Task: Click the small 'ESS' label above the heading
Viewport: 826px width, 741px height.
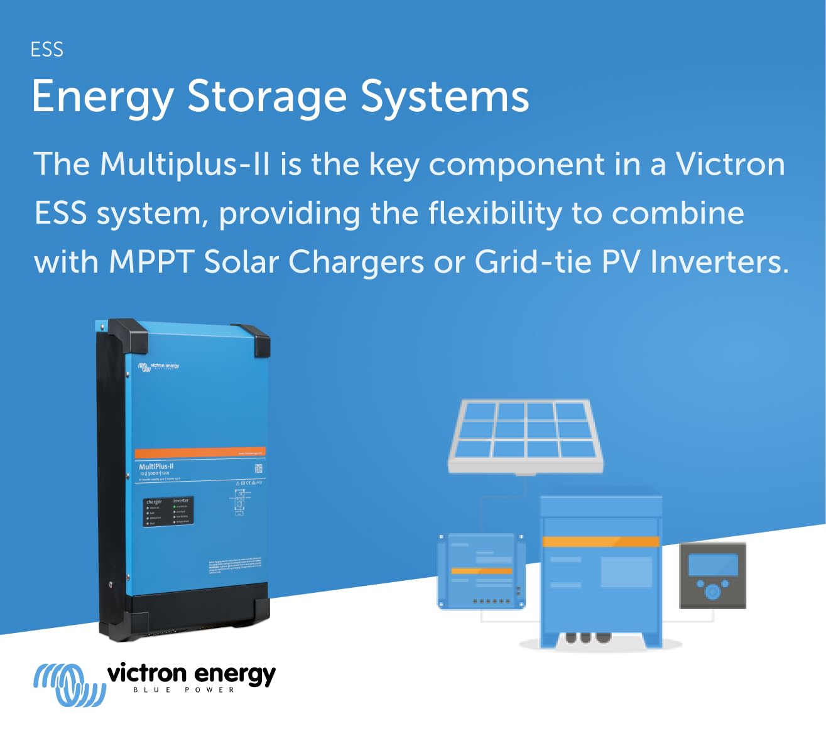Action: click(47, 50)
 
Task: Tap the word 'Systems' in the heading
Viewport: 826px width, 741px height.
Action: click(445, 97)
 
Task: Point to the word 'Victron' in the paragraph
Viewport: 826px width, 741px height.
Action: click(730, 165)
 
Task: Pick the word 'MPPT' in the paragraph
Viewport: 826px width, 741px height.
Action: click(151, 262)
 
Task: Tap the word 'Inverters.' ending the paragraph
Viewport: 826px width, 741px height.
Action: click(719, 262)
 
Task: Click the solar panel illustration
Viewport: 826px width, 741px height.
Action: click(525, 435)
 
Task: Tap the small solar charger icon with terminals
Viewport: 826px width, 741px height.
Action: click(481, 571)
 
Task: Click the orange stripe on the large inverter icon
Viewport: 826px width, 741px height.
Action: click(600, 541)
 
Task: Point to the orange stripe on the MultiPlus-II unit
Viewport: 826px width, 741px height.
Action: click(200, 452)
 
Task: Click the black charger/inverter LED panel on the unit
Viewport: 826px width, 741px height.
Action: click(168, 511)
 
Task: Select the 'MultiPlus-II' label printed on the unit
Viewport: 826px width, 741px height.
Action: click(156, 467)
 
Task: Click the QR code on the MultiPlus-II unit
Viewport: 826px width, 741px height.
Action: click(258, 468)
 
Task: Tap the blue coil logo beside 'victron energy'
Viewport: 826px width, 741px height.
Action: click(68, 684)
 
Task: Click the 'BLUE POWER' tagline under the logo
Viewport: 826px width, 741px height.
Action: click(184, 690)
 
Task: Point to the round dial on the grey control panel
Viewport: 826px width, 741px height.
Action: click(712, 592)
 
